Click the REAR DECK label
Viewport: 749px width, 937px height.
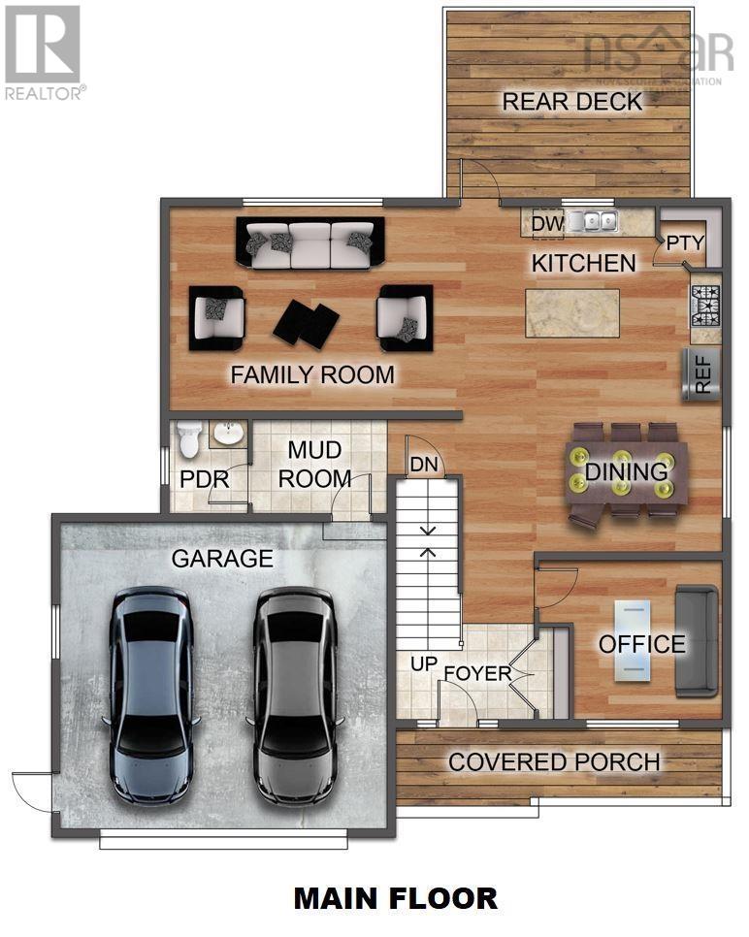click(x=570, y=101)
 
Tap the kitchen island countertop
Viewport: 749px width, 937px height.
click(x=572, y=312)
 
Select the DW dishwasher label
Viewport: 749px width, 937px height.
click(x=547, y=224)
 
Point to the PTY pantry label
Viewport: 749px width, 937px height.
click(x=684, y=242)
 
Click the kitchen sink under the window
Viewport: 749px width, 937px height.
click(x=594, y=222)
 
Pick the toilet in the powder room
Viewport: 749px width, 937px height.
click(x=189, y=441)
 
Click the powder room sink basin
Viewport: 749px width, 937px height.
click(x=228, y=434)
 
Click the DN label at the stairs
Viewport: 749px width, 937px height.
click(x=424, y=465)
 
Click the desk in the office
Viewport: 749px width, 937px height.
click(x=633, y=640)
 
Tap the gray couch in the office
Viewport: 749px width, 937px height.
click(x=697, y=640)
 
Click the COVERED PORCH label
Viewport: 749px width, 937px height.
click(x=554, y=761)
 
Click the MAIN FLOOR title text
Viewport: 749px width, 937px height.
click(x=396, y=897)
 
